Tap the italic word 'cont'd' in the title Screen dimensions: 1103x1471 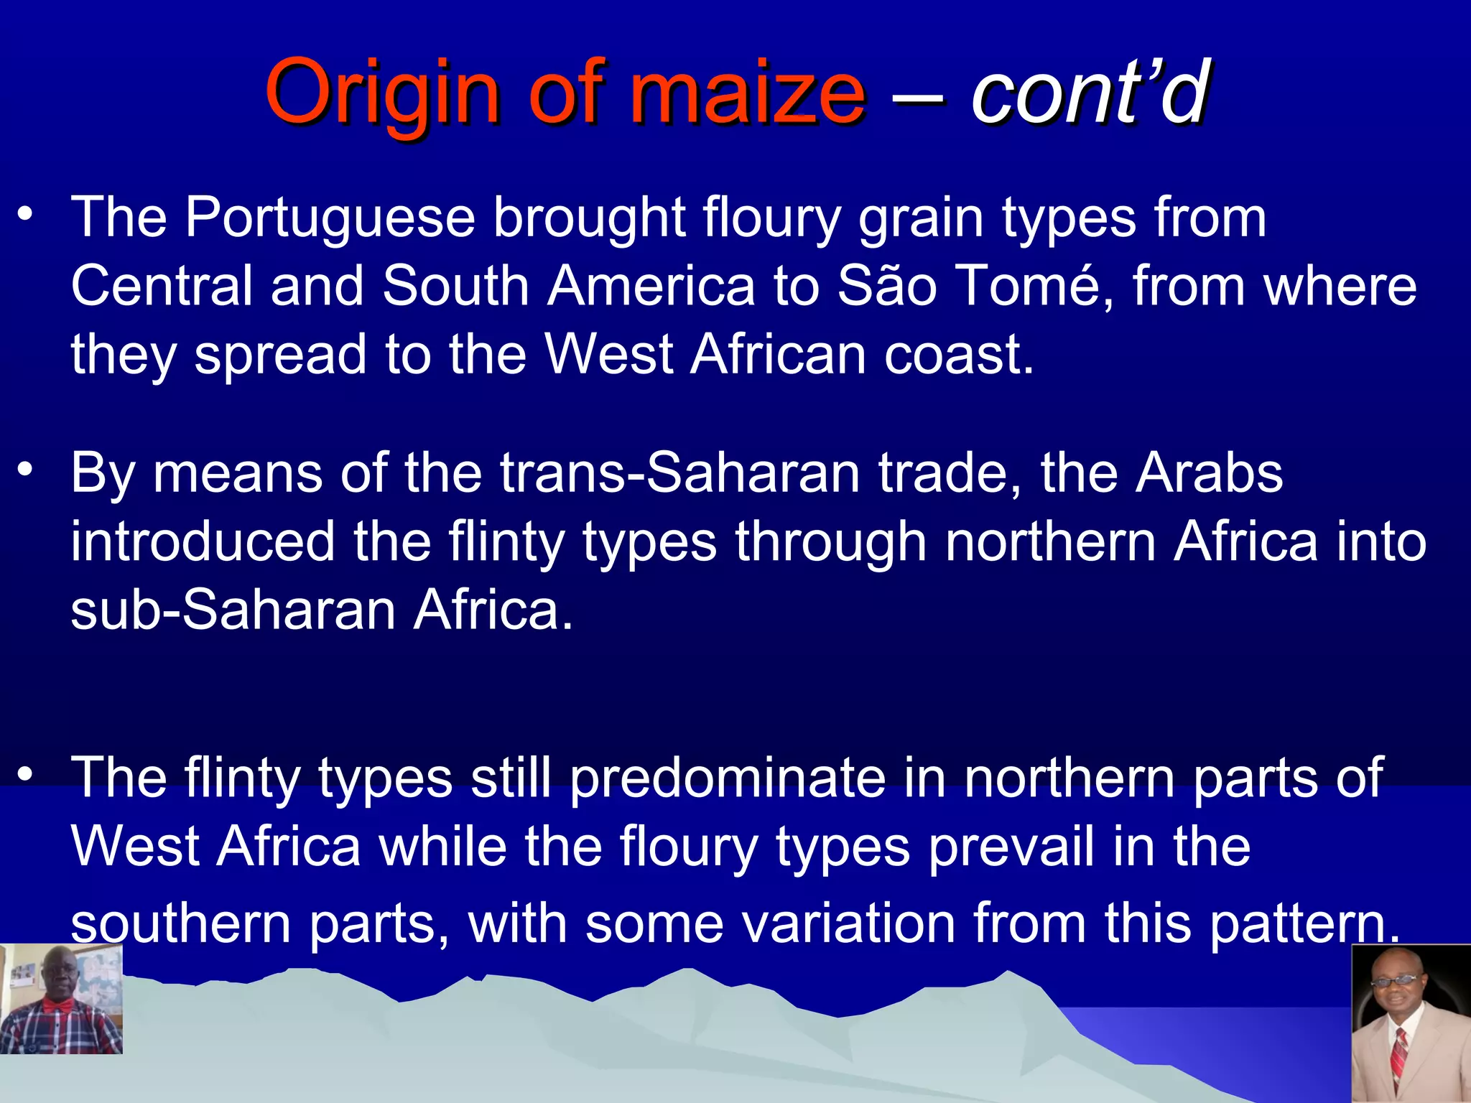pos(1090,93)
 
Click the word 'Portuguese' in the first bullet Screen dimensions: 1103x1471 pos(330,218)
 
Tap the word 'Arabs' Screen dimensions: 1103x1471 pos(1208,473)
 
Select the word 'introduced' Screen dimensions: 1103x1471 pos(203,541)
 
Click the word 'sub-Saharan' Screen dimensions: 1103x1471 pos(233,610)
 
